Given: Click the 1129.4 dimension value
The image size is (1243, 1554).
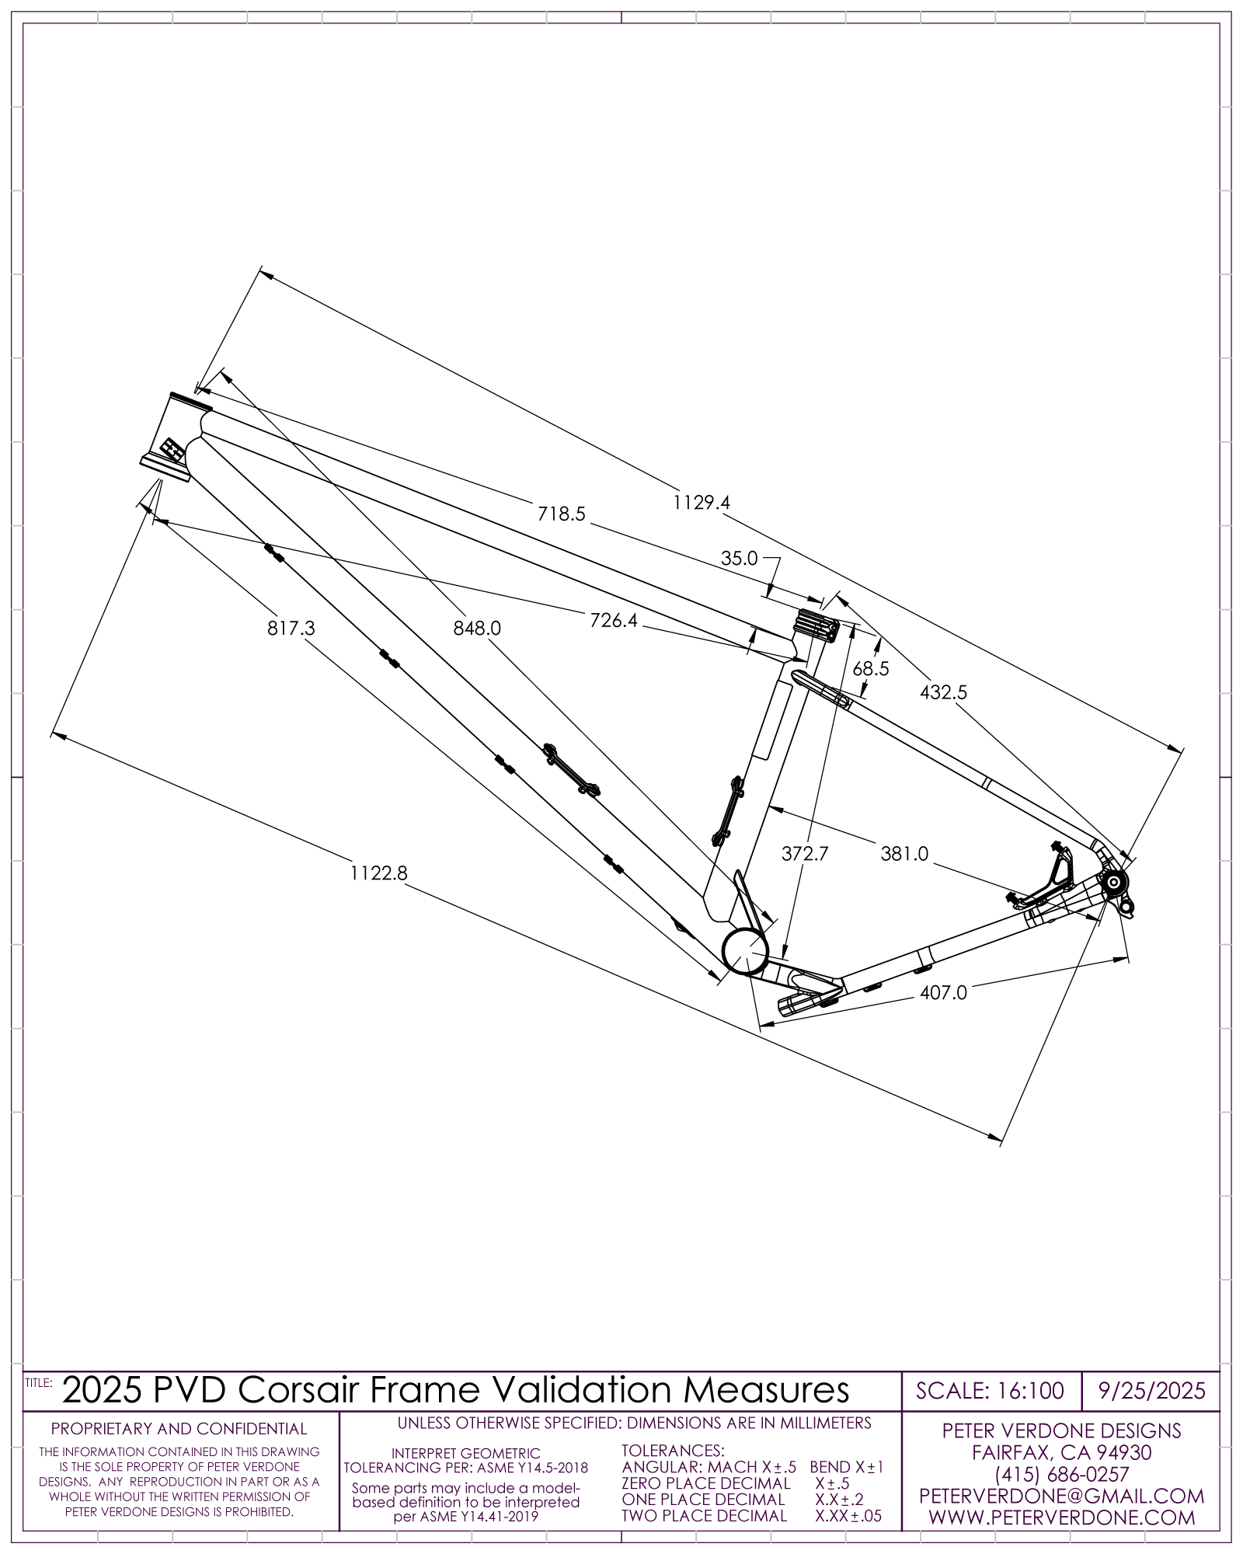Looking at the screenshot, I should coord(702,503).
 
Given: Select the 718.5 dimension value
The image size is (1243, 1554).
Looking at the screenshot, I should coord(561,514).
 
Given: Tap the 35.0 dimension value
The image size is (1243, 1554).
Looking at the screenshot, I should coord(739,558).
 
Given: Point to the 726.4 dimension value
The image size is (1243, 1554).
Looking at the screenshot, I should coord(614,620).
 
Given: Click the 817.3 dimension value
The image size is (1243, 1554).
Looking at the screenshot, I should coord(291,628).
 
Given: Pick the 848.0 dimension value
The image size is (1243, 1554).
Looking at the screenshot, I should coord(477,628).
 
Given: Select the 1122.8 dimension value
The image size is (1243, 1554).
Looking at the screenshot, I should coord(378,873).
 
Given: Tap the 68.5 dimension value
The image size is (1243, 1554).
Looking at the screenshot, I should coord(870,669).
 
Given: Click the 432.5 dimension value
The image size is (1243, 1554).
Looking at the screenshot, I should coord(943,692).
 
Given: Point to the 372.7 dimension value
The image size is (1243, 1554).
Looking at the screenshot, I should coord(805,854).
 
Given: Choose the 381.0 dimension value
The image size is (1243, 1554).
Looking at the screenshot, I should coord(904,854).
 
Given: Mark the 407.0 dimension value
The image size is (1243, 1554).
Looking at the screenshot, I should coord(943,993).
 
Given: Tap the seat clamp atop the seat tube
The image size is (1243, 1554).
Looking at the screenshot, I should coord(816,625).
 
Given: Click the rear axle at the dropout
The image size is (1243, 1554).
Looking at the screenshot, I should coord(1113,882).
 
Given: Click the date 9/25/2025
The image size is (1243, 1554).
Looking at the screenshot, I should coord(1151,1390).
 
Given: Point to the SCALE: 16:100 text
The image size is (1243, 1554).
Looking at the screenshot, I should coord(990,1390).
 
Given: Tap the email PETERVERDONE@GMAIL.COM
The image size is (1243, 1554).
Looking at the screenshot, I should coord(1061,1496).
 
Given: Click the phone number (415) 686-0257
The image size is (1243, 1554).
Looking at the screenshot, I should coord(1061,1474).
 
